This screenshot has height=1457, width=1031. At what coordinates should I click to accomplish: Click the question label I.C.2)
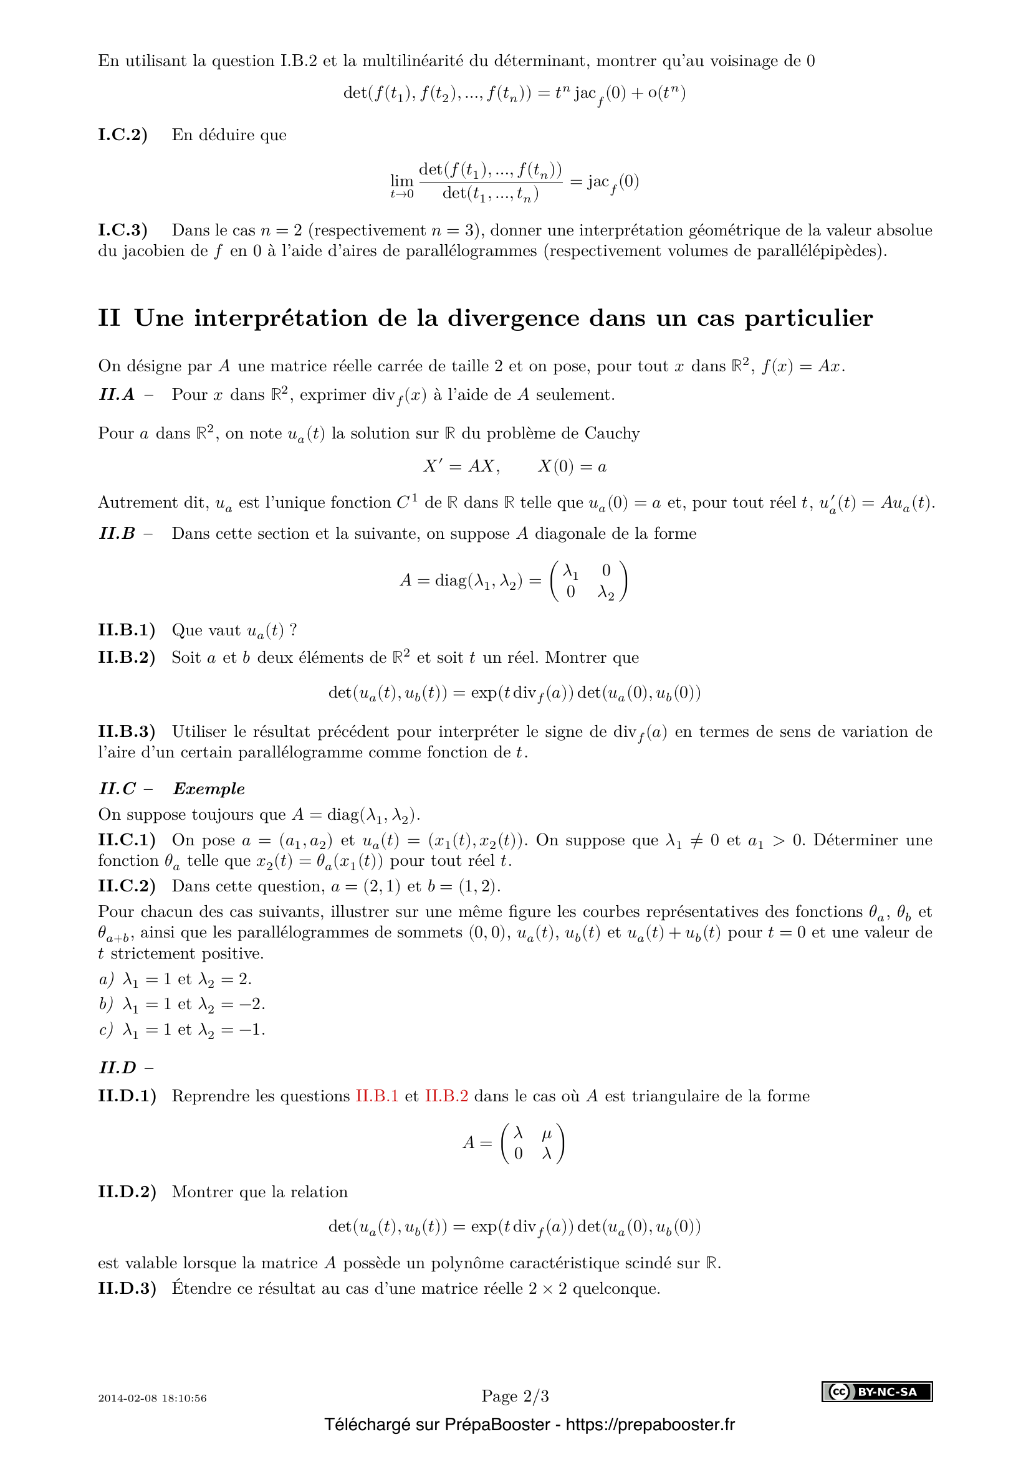[123, 135]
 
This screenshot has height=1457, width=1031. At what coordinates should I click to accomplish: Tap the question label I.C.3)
[123, 230]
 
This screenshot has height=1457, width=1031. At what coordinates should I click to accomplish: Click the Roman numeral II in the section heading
[108, 318]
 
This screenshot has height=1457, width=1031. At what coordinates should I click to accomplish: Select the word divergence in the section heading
[513, 318]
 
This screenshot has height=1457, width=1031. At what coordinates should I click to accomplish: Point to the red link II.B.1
[376, 1096]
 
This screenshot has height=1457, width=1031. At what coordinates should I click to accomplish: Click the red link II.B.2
[446, 1096]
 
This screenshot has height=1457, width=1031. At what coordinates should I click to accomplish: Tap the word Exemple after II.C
[209, 789]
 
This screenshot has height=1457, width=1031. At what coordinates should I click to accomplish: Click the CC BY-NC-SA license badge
[877, 1392]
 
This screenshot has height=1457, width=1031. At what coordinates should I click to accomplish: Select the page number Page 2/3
[515, 1396]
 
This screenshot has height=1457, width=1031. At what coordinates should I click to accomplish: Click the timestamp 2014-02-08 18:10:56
[152, 1398]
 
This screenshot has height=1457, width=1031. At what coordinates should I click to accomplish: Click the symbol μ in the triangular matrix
[547, 1133]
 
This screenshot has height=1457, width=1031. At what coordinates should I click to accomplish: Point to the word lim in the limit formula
[402, 181]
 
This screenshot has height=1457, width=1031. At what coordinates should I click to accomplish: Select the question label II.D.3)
[127, 1289]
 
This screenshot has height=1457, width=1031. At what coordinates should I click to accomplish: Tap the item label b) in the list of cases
[106, 1004]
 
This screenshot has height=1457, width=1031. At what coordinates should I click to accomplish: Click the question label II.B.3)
[127, 732]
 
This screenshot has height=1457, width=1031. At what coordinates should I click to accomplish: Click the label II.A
[117, 395]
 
